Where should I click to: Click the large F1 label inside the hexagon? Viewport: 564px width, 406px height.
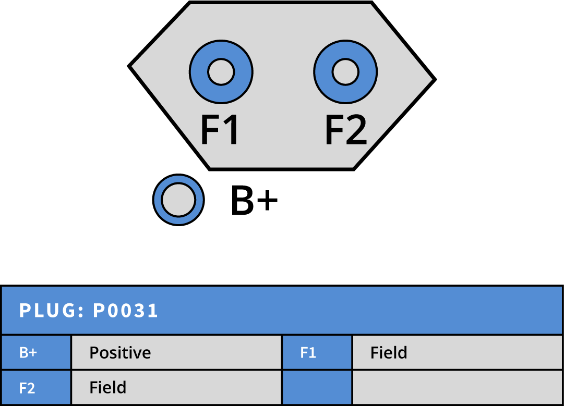(220, 130)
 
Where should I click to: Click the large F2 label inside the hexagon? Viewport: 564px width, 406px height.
(345, 130)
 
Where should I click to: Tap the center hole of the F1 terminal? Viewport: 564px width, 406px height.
(221, 71)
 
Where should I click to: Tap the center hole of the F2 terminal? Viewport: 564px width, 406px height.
(345, 71)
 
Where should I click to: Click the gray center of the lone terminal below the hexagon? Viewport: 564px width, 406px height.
(178, 200)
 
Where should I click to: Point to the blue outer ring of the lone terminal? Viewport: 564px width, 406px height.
(158, 200)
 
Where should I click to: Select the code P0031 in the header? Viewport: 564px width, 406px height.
(126, 311)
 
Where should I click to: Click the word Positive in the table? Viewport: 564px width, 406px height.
(120, 353)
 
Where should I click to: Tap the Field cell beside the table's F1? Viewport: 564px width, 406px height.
(389, 353)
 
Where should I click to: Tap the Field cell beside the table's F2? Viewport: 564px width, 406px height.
(108, 388)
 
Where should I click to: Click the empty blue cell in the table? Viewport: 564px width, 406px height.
(317, 388)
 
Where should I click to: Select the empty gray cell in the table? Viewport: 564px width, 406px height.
(457, 388)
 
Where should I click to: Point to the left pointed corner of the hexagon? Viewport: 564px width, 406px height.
(134, 66)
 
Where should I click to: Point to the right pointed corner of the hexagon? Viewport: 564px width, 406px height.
(430, 79)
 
